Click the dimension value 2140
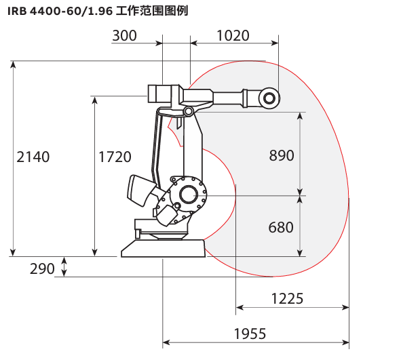(x=33, y=157)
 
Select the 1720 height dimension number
(x=115, y=157)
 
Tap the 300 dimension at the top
(x=125, y=35)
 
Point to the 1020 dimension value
(x=233, y=35)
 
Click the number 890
(x=282, y=155)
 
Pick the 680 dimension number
(x=281, y=227)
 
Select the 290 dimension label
(x=42, y=268)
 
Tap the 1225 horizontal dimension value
(x=287, y=298)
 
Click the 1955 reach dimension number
(x=250, y=334)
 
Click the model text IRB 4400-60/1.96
(x=60, y=12)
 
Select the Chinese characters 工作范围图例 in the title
(x=152, y=12)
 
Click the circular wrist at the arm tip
(x=269, y=98)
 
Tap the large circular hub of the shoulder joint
(x=188, y=195)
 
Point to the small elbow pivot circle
(x=188, y=111)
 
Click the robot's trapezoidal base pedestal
(x=163, y=248)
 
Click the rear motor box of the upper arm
(x=159, y=94)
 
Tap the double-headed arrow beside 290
(x=64, y=266)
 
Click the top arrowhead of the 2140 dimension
(x=13, y=65)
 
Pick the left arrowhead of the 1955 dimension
(x=166, y=342)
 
